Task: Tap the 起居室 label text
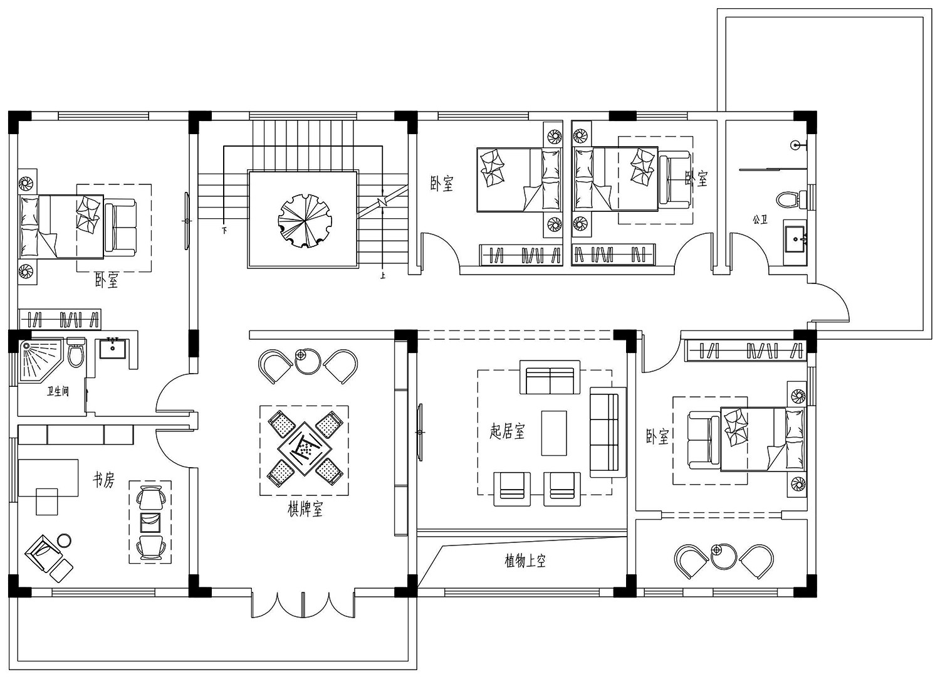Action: pos(507,431)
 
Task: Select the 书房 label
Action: pos(104,481)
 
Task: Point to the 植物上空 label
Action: pos(525,561)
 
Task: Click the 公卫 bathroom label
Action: pos(760,220)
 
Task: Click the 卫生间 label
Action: pos(58,392)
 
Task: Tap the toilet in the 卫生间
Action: pos(75,353)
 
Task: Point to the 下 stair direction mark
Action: pos(224,231)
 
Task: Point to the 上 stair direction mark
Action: pos(382,275)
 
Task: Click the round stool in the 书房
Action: pos(64,540)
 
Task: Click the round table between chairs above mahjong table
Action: pos(307,361)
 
